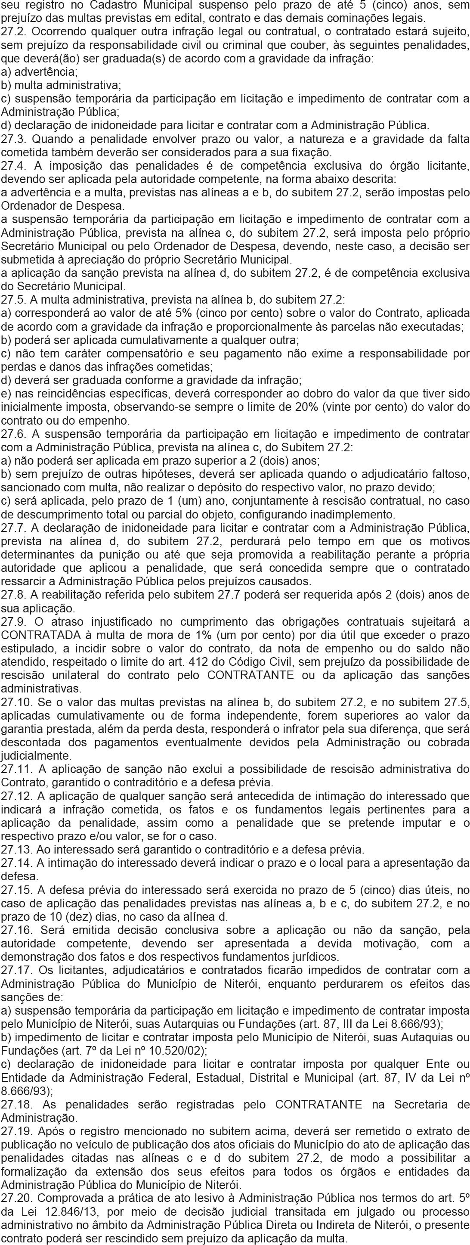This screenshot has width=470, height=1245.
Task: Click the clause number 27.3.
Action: (x=14, y=140)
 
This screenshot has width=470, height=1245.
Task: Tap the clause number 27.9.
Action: (x=14, y=621)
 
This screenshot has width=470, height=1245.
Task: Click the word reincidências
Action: (x=67, y=394)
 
